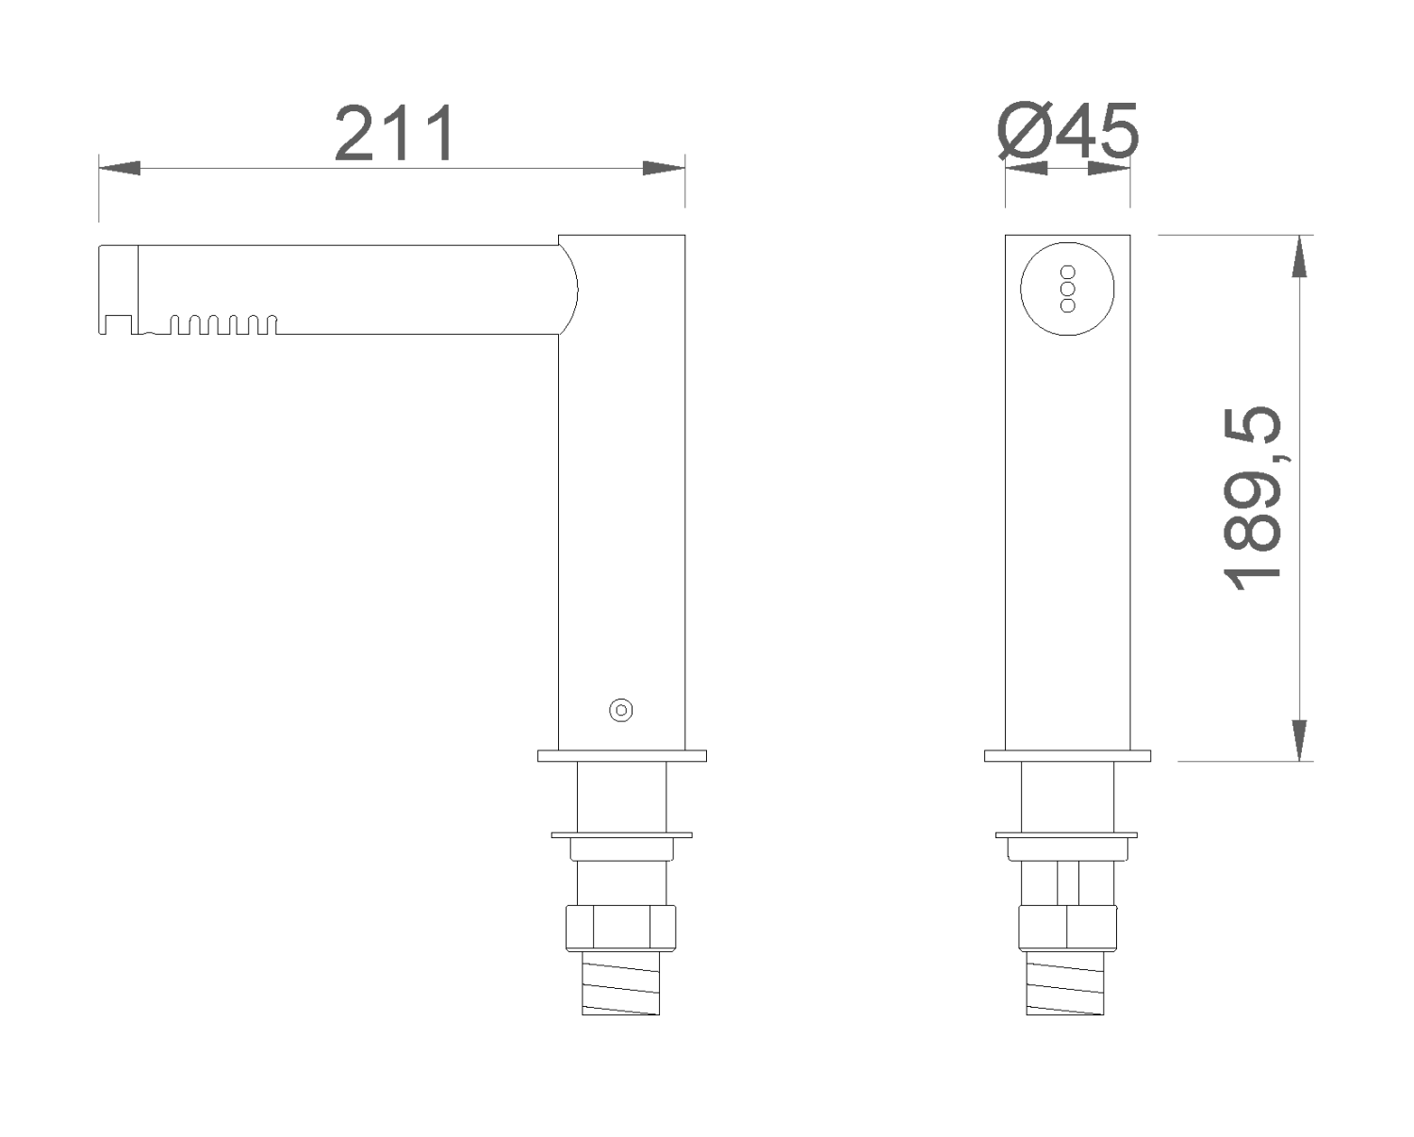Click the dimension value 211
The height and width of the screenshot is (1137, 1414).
coord(395,134)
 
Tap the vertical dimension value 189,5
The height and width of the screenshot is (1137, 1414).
coord(1253,499)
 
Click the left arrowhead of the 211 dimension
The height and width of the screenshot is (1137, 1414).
coord(120,168)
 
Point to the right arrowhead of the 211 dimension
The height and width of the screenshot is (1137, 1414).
coord(664,168)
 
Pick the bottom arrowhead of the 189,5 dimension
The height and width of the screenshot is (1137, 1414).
coord(1299,740)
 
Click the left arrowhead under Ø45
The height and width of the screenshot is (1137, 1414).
coord(1027,168)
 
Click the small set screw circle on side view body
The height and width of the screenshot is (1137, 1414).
coord(620,710)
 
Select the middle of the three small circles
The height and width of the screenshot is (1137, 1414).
coord(1068,288)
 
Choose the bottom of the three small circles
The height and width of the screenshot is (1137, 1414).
coord(1068,305)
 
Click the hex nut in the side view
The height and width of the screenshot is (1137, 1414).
coord(620,928)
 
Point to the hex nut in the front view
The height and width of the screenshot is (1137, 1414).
coord(1067,928)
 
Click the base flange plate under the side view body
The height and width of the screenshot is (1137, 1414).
coord(621,755)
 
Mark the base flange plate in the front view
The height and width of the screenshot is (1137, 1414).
coord(1067,755)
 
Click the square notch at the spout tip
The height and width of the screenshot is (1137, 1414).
coord(117,324)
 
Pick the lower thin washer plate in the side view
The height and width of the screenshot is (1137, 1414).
coord(621,834)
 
